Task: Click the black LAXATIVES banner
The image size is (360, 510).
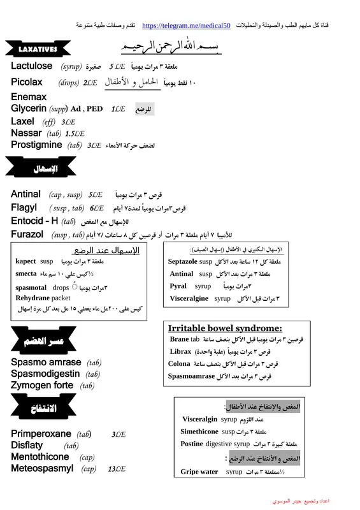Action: click(x=38, y=49)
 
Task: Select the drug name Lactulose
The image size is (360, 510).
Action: click(x=32, y=66)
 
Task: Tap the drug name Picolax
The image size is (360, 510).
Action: click(x=27, y=82)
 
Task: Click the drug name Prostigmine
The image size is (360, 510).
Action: click(x=36, y=145)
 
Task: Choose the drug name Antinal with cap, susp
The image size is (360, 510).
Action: click(x=26, y=194)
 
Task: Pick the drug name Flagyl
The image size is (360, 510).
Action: click(x=24, y=208)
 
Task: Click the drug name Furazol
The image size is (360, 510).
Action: click(x=27, y=235)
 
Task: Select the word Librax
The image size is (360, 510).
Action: click(x=181, y=351)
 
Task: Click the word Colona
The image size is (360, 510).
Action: click(x=179, y=364)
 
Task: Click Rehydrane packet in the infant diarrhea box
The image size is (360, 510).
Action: click(x=43, y=297)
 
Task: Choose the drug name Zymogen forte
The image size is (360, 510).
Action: click(x=43, y=385)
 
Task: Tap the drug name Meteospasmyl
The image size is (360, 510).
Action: click(x=42, y=469)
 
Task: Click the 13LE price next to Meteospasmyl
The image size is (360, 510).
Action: click(x=117, y=469)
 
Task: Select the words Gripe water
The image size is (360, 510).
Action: click(x=199, y=472)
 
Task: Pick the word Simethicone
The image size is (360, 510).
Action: click(x=200, y=432)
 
